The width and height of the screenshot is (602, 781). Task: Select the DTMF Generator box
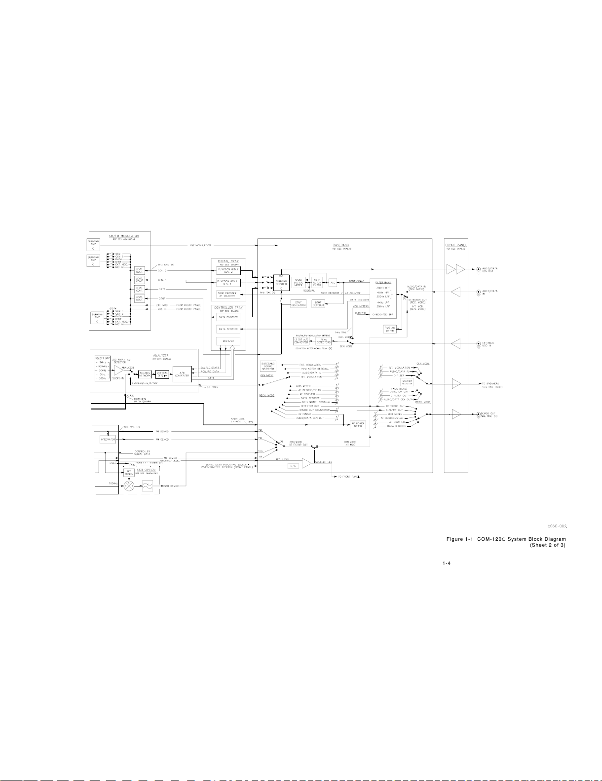(x=298, y=304)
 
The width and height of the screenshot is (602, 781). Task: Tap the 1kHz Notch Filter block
(x=317, y=281)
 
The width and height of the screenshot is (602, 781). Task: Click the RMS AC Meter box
(x=390, y=329)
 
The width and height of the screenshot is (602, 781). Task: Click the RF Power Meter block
(x=357, y=425)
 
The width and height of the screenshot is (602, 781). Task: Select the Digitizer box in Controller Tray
(x=228, y=341)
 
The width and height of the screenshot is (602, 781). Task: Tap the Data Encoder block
(x=228, y=317)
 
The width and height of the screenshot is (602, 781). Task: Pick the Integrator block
(x=108, y=439)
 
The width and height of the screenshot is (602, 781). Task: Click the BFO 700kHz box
(x=130, y=472)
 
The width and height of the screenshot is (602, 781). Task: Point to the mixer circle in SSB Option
(x=129, y=486)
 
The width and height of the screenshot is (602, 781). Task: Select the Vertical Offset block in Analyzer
(x=162, y=373)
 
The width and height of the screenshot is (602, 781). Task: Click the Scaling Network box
(x=145, y=373)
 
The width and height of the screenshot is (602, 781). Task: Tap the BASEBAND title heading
(x=341, y=244)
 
